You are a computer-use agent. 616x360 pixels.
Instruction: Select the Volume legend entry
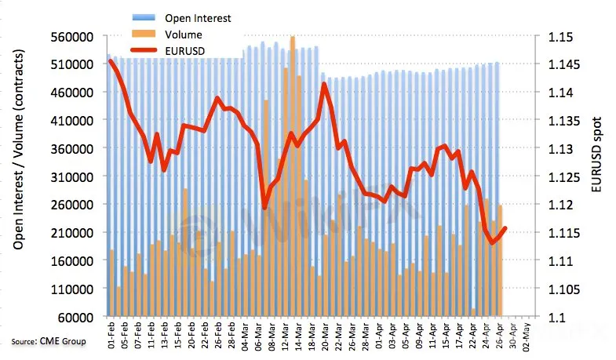point(184,35)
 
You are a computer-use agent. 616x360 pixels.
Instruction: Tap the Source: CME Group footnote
point(49,341)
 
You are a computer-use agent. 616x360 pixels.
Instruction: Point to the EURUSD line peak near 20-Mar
point(324,84)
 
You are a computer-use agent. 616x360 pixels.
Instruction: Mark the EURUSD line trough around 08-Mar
point(265,207)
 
